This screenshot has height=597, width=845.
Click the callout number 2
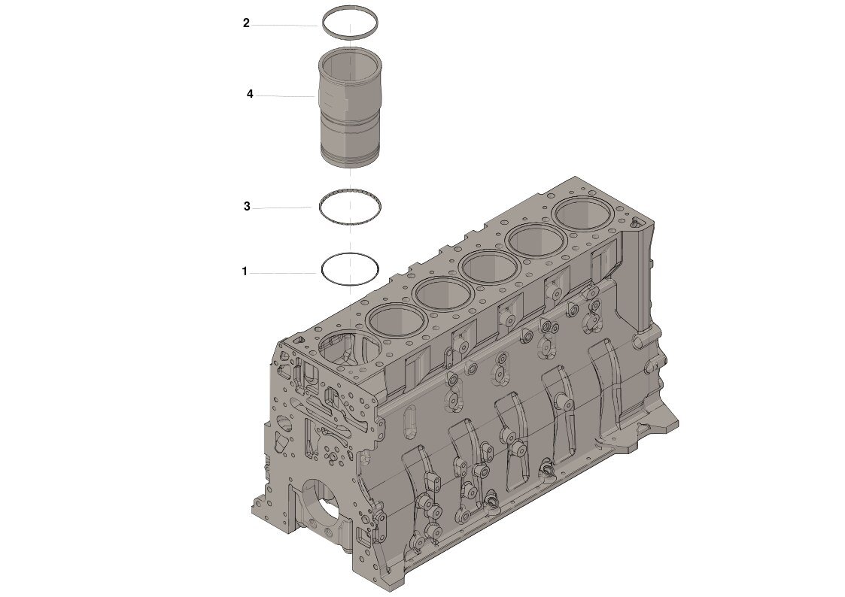click(246, 23)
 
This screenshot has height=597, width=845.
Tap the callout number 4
click(250, 95)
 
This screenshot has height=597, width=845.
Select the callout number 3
click(247, 207)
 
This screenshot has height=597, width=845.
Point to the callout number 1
click(245, 271)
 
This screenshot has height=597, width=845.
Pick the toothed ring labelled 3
click(351, 191)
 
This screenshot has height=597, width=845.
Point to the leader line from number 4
click(286, 96)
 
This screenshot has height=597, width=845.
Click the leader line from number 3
click(282, 208)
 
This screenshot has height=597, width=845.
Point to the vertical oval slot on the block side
click(409, 421)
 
